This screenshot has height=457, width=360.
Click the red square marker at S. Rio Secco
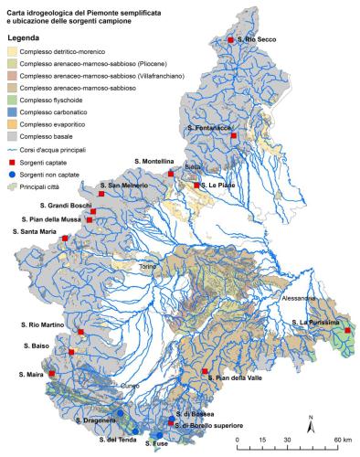pos(231,40)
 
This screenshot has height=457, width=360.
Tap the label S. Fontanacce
pos(209,128)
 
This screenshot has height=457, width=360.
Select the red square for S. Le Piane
pos(196,186)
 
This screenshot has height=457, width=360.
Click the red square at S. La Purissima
pos(348,330)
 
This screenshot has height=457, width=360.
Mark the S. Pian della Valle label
pos(237,377)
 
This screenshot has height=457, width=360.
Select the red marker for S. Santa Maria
pos(64,239)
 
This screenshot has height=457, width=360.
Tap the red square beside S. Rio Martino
pos(80,332)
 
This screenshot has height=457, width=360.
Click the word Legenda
pos(25,37)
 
